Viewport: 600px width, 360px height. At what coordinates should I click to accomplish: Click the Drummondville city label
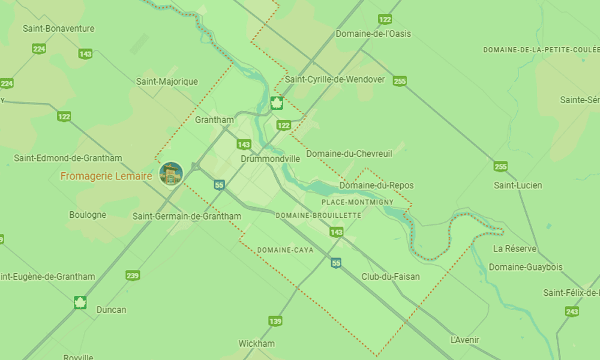click(270, 159)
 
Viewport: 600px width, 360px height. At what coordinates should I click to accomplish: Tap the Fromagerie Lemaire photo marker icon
click(171, 173)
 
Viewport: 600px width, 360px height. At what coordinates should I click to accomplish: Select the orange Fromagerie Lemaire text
click(106, 176)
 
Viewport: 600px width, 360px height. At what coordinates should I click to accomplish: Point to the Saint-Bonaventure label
click(58, 28)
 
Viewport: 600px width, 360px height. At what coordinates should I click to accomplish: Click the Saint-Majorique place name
click(167, 82)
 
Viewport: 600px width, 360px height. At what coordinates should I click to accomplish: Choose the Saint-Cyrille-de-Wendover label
click(335, 79)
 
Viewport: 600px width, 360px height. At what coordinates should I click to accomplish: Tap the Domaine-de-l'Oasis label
click(373, 34)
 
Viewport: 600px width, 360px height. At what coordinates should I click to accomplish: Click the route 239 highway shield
click(133, 275)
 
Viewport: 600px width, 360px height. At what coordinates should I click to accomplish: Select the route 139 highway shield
click(275, 321)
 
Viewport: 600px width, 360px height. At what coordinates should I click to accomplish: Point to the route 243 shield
click(572, 311)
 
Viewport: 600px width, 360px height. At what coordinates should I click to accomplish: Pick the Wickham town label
click(256, 344)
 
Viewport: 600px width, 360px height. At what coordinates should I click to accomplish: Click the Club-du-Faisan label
click(391, 277)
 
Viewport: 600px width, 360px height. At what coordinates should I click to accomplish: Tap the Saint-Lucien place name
click(518, 185)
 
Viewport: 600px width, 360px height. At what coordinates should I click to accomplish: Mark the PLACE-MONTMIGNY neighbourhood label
click(358, 202)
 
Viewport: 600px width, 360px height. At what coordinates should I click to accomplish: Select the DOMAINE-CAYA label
click(285, 250)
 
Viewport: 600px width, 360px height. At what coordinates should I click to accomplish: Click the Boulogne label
click(88, 215)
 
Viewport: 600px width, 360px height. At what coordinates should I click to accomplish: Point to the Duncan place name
click(112, 310)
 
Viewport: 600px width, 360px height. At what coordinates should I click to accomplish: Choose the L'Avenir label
click(465, 340)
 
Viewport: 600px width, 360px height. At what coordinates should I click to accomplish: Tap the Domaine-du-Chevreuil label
click(349, 154)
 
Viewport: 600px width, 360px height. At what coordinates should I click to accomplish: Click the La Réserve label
click(515, 248)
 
